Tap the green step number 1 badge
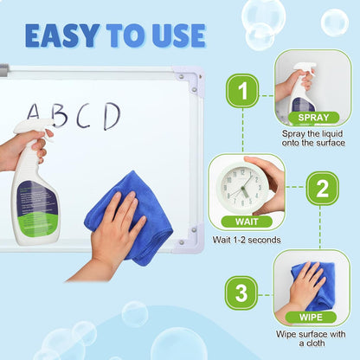242,91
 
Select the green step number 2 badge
322,187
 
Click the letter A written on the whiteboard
35,114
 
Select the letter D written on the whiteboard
111,115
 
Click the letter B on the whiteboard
59,115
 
